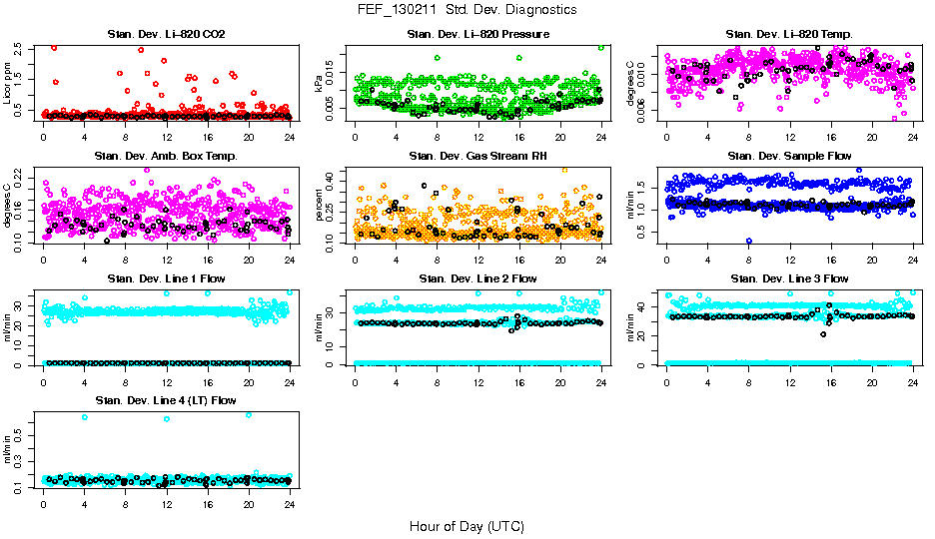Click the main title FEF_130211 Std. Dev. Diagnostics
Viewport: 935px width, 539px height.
pyautogui.click(x=467, y=10)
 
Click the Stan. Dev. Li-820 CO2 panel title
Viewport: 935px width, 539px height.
pyautogui.click(x=166, y=35)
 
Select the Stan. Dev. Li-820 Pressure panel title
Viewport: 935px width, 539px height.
pyautogui.click(x=478, y=35)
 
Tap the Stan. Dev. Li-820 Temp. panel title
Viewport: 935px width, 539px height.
pyautogui.click(x=790, y=35)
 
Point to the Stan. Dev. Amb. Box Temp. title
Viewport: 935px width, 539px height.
pyautogui.click(x=166, y=157)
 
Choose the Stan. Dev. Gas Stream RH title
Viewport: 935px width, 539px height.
pyautogui.click(x=478, y=157)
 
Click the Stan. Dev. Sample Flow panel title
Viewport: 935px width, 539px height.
pyautogui.click(x=790, y=157)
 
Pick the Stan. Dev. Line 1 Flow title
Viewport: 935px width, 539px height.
pyautogui.click(x=166, y=278)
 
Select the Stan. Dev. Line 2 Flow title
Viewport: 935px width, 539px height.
pyautogui.click(x=478, y=278)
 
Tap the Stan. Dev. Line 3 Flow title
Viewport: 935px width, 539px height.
pyautogui.click(x=790, y=278)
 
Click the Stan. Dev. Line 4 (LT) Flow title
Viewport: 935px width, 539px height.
pyautogui.click(x=166, y=400)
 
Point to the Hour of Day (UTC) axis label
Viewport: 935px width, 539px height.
pyautogui.click(x=467, y=526)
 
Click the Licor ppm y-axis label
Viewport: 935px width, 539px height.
pyautogui.click(x=8, y=81)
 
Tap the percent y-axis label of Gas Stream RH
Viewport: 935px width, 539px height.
pyautogui.click(x=321, y=203)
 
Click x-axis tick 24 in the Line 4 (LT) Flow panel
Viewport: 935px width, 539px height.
pyautogui.click(x=290, y=505)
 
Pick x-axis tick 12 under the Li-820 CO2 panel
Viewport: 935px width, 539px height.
pyautogui.click(x=166, y=139)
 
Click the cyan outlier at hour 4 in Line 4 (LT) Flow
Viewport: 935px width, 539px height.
pyautogui.click(x=84, y=417)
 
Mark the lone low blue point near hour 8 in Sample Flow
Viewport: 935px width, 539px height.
pyautogui.click(x=748, y=242)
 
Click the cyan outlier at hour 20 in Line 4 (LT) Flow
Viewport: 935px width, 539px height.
pyautogui.click(x=249, y=414)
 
